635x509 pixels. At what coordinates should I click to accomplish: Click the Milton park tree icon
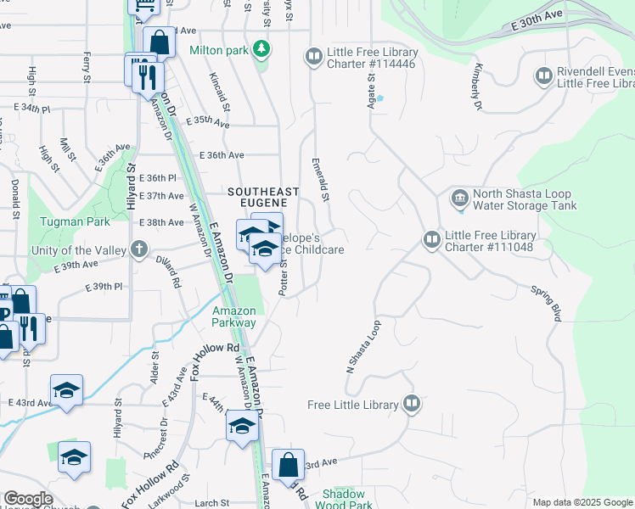262,49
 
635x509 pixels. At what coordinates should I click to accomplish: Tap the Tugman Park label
75,222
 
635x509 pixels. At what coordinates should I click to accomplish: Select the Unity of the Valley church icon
140,250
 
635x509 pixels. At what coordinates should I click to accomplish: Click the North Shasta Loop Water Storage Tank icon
459,199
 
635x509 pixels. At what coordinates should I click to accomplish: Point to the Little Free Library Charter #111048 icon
431,241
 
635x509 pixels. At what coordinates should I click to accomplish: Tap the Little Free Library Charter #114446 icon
313,57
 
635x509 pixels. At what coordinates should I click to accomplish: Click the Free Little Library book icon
412,404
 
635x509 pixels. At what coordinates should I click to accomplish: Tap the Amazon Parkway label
233,316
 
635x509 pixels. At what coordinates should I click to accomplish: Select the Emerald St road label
320,179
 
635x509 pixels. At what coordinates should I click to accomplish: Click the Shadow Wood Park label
343,499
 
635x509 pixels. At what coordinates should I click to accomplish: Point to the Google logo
29,499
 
